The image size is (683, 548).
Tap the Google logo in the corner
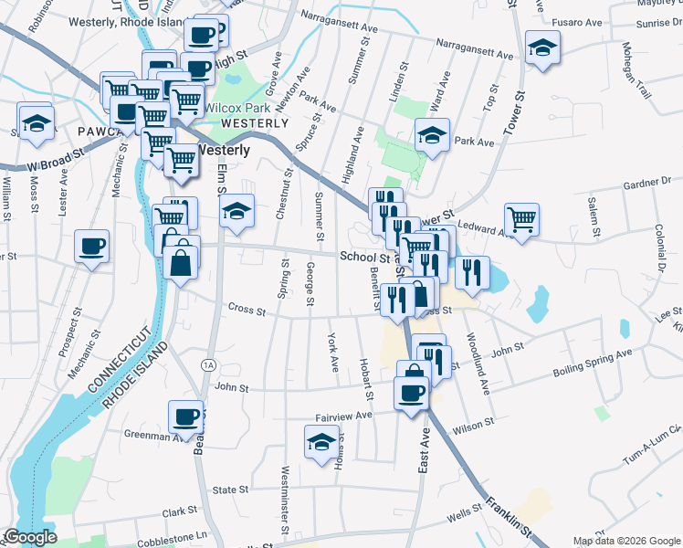click(x=30, y=537)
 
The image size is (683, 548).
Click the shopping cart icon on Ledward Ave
click(x=521, y=218)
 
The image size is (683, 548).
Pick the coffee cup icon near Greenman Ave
click(x=186, y=416)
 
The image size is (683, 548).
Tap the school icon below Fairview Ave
click(x=320, y=445)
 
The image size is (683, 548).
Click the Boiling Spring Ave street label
click(x=593, y=364)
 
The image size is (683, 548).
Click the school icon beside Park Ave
click(x=431, y=136)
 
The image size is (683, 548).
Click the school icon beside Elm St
click(x=236, y=211)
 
